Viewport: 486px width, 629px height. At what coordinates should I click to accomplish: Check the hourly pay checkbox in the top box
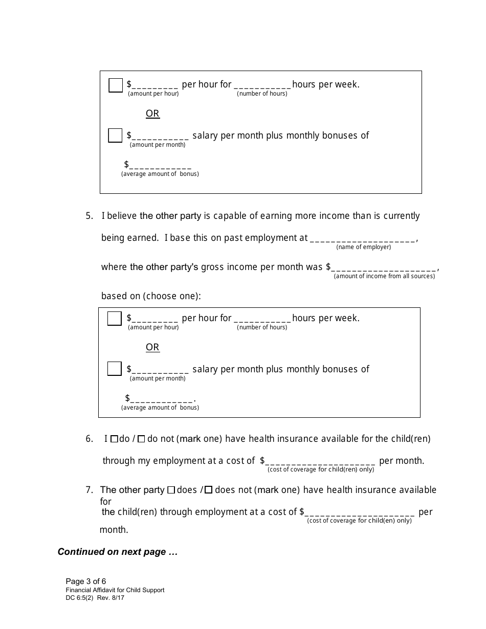click(116, 85)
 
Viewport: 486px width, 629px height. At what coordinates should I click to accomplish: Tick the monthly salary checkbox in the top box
click(115, 136)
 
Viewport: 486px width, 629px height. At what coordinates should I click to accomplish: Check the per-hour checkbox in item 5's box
click(115, 319)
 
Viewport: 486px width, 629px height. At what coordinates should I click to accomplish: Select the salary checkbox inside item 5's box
click(115, 369)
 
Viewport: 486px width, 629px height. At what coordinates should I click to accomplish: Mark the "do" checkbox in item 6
click(114, 439)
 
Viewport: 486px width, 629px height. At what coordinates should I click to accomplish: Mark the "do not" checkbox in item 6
click(142, 439)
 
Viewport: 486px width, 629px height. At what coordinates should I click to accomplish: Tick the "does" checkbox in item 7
click(171, 490)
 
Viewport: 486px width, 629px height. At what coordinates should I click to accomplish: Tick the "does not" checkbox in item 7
click(209, 490)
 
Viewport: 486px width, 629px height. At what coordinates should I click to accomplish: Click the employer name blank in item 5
click(363, 239)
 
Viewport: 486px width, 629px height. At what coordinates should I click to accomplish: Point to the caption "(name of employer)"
click(364, 247)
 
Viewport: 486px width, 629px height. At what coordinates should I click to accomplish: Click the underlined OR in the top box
click(152, 114)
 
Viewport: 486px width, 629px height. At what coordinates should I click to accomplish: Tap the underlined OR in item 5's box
click(152, 347)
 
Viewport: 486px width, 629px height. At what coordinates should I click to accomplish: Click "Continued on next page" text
click(118, 552)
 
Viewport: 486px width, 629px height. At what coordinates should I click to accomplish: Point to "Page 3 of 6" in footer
click(86, 581)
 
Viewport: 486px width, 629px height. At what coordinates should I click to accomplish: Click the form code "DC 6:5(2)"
click(81, 597)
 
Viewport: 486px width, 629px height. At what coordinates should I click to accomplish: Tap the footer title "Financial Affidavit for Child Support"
click(115, 590)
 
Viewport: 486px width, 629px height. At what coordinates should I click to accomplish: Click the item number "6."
click(90, 439)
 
